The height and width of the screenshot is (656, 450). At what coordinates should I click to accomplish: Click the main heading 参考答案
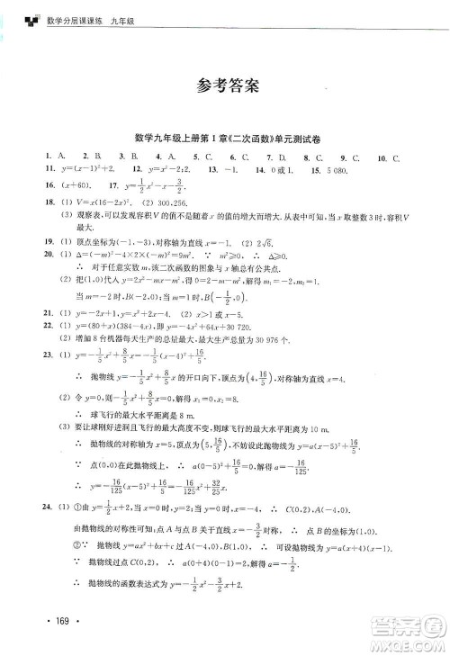click(225, 86)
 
